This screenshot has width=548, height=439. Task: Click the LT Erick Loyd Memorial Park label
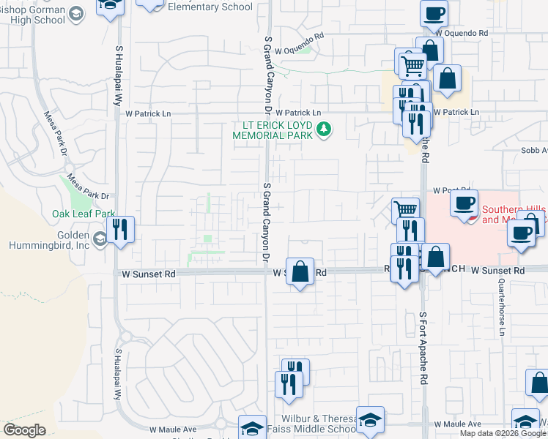click(273, 131)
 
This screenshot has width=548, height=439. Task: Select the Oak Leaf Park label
click(84, 214)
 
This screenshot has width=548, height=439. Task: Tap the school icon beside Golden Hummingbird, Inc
click(100, 239)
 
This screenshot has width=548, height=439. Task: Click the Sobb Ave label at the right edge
click(534, 151)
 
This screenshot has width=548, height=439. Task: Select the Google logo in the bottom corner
click(25, 430)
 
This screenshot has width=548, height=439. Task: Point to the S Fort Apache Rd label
click(423, 348)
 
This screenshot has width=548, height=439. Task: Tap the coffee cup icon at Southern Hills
click(464, 204)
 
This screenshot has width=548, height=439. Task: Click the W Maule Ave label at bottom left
click(173, 430)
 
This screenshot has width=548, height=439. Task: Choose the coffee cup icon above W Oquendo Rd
click(434, 12)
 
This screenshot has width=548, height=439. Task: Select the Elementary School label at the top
click(210, 7)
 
